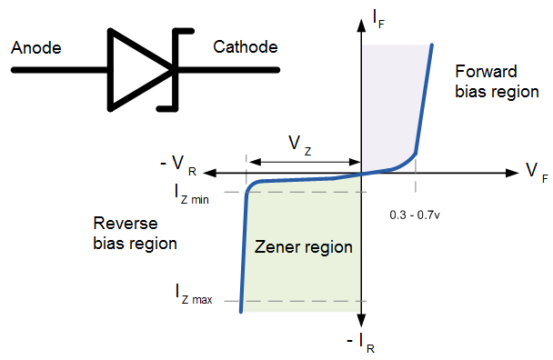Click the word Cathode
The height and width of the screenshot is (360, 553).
(246, 47)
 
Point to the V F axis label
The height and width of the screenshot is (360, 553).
(536, 173)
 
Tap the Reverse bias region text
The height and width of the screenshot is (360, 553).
(135, 233)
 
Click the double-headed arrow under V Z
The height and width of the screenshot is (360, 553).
(305, 162)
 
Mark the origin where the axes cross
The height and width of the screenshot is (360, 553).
(362, 173)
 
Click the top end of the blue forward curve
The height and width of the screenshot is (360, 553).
(431, 45)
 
